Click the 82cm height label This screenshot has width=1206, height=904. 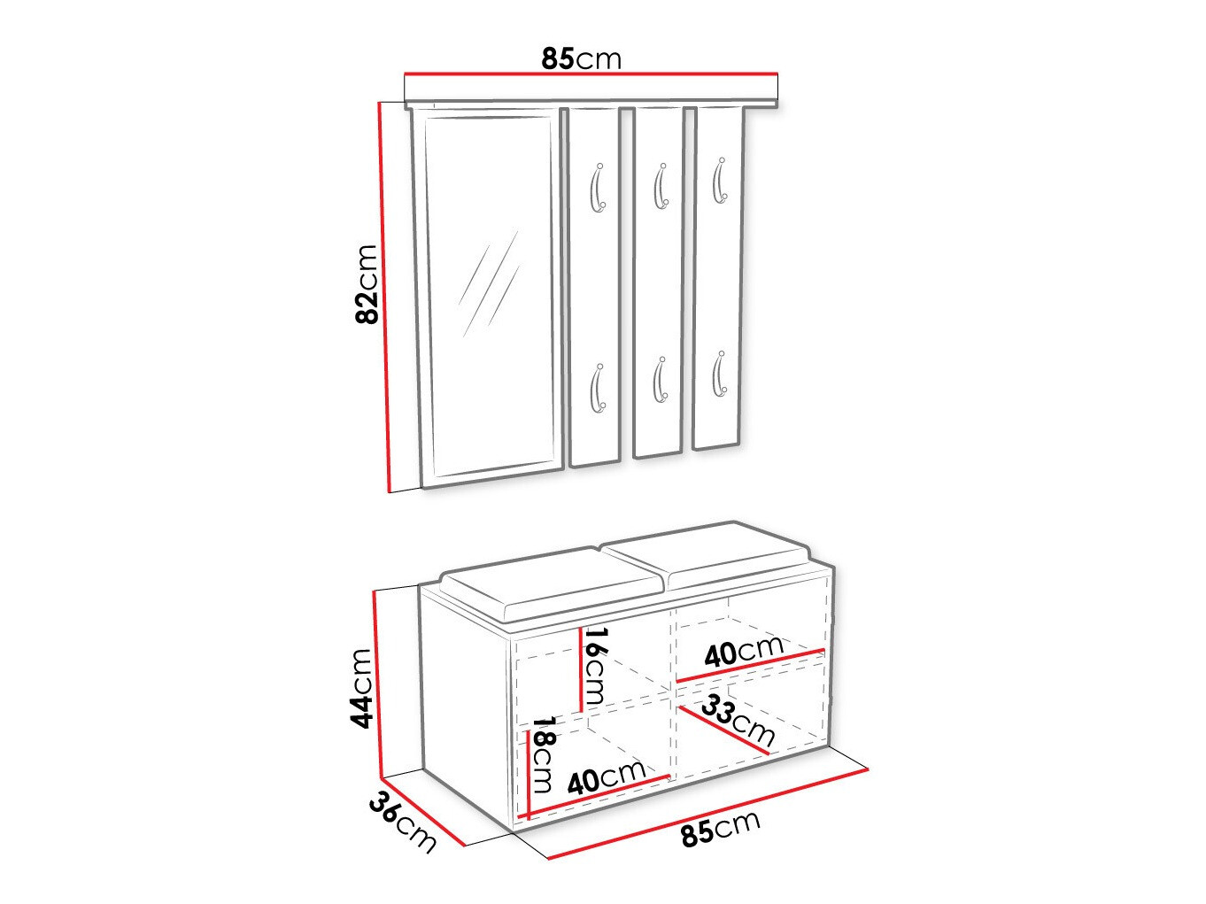tap(366, 283)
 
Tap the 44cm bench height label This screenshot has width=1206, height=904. tap(360, 687)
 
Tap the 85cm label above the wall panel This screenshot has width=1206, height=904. tap(581, 58)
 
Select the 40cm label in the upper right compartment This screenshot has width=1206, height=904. tap(744, 652)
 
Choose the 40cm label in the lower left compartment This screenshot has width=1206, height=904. tap(607, 778)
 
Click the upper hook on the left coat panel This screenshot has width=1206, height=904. tap(598, 188)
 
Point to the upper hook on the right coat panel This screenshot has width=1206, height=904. tap(720, 182)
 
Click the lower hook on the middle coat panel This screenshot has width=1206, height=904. tap(660, 381)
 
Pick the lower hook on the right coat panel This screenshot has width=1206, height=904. tap(720, 375)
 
